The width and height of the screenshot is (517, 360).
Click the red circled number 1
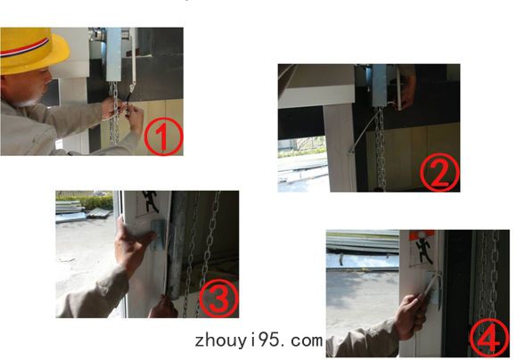163,136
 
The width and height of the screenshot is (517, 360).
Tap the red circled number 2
439,172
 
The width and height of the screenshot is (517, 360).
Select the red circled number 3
218,298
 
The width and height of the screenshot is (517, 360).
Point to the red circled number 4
489,338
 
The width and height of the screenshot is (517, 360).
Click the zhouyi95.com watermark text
258,340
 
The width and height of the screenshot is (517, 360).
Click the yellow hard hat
32,51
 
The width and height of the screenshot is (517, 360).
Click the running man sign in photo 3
151,201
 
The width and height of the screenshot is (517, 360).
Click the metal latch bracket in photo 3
159,234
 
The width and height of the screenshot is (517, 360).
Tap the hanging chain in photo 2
381,149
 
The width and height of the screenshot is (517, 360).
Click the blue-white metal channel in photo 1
114,54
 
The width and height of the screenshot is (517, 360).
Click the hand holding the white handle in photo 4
411,316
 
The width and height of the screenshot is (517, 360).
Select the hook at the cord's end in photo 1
132,87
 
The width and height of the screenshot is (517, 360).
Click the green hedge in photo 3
86,201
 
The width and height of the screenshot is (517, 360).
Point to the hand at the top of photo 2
406,86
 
